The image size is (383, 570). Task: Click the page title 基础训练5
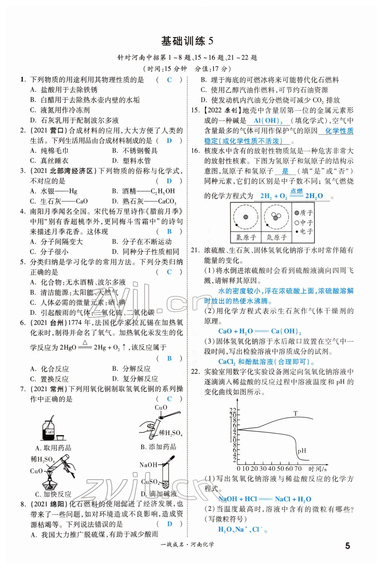click(187, 41)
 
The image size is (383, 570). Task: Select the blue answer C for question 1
click(169, 80)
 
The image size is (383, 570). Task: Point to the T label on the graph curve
click(295, 413)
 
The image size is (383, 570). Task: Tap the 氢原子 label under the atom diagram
click(246, 237)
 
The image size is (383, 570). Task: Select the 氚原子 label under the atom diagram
click(276, 237)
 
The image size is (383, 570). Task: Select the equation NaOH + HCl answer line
click(265, 499)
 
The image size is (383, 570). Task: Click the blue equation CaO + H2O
click(260, 331)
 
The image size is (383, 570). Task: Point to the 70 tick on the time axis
click(298, 468)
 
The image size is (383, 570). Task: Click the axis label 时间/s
click(317, 469)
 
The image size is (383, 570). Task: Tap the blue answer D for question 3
click(169, 181)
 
